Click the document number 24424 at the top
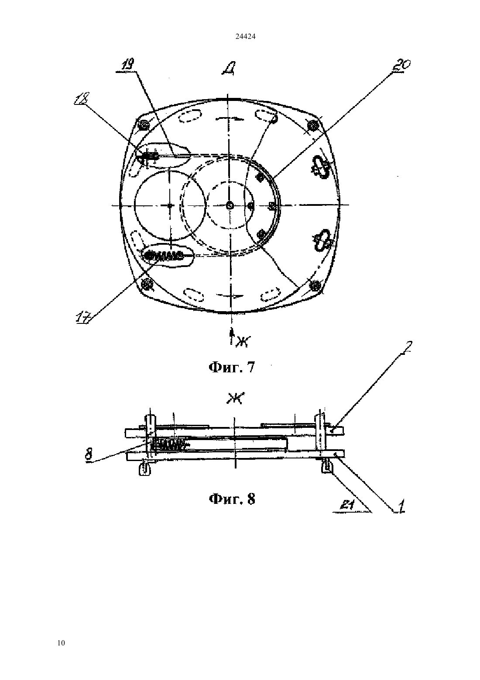[x=245, y=37]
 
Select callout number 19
[x=127, y=65]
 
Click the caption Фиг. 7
[x=232, y=367]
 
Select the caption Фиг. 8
[x=232, y=499]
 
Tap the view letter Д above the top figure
[x=230, y=69]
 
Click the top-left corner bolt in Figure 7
[x=143, y=125]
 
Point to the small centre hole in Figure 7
[x=230, y=205]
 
